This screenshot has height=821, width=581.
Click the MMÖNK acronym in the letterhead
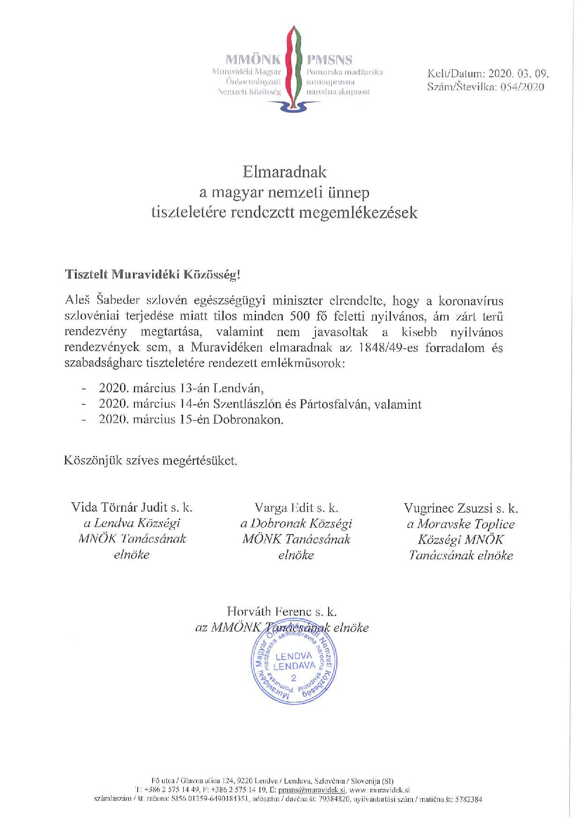(x=253, y=59)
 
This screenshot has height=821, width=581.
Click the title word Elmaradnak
(x=284, y=172)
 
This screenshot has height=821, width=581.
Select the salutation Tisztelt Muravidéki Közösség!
(x=153, y=275)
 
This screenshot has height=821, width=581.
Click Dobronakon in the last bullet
(x=249, y=419)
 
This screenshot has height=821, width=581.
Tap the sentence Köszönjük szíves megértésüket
(x=151, y=461)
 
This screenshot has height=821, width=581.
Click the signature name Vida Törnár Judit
(x=118, y=507)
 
